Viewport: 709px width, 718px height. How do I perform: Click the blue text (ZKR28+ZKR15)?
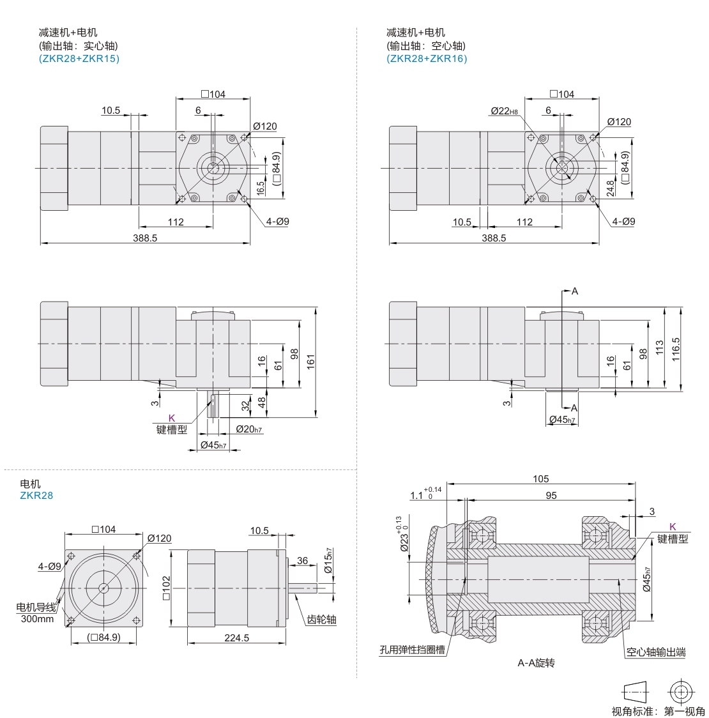click(x=79, y=59)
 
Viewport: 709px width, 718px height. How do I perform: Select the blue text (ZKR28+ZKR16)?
click(x=427, y=59)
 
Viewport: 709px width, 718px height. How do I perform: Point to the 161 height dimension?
click(x=311, y=362)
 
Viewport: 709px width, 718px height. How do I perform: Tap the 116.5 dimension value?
click(x=676, y=349)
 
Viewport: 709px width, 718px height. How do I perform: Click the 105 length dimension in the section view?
click(x=540, y=479)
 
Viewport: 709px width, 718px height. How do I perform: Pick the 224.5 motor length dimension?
click(x=236, y=638)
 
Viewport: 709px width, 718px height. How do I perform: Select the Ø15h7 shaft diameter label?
click(x=328, y=561)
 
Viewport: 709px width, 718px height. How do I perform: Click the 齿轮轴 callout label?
click(x=321, y=620)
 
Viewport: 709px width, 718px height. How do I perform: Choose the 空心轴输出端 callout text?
click(x=655, y=652)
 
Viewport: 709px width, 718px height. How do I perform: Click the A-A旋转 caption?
click(x=536, y=663)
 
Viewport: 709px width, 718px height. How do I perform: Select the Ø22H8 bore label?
click(x=504, y=111)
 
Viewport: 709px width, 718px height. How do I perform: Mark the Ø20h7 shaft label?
click(x=249, y=429)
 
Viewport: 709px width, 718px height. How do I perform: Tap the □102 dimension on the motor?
click(x=166, y=588)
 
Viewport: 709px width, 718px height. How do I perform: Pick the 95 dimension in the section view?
click(x=551, y=496)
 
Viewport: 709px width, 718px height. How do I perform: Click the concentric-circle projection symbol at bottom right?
click(x=680, y=692)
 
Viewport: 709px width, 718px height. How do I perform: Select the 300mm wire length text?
click(x=37, y=619)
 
